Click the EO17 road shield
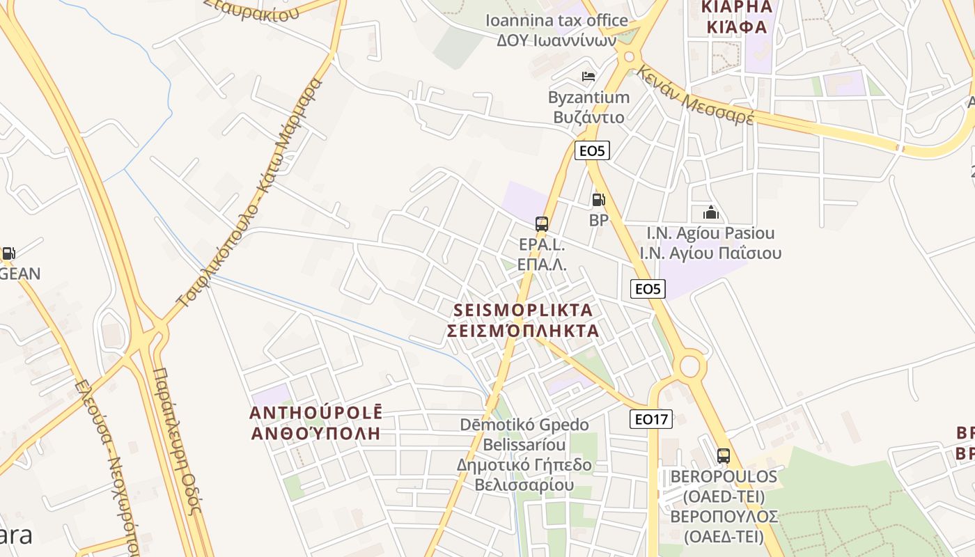[652, 419]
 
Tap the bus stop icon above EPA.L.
[542, 224]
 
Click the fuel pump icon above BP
[598, 201]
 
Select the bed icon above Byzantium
[588, 76]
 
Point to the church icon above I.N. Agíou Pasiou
[710, 212]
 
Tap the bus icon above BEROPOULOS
[724, 456]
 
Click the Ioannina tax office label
[556, 21]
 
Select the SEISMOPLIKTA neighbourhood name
[523, 310]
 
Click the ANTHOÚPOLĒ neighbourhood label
[316, 413]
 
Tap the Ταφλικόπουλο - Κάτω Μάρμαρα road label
[251, 195]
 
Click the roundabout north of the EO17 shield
[689, 365]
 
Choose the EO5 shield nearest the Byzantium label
[592, 150]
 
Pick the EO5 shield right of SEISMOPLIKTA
[648, 289]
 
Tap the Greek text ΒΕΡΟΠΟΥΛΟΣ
[724, 517]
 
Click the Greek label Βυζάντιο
[588, 116]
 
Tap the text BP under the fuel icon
[599, 221]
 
